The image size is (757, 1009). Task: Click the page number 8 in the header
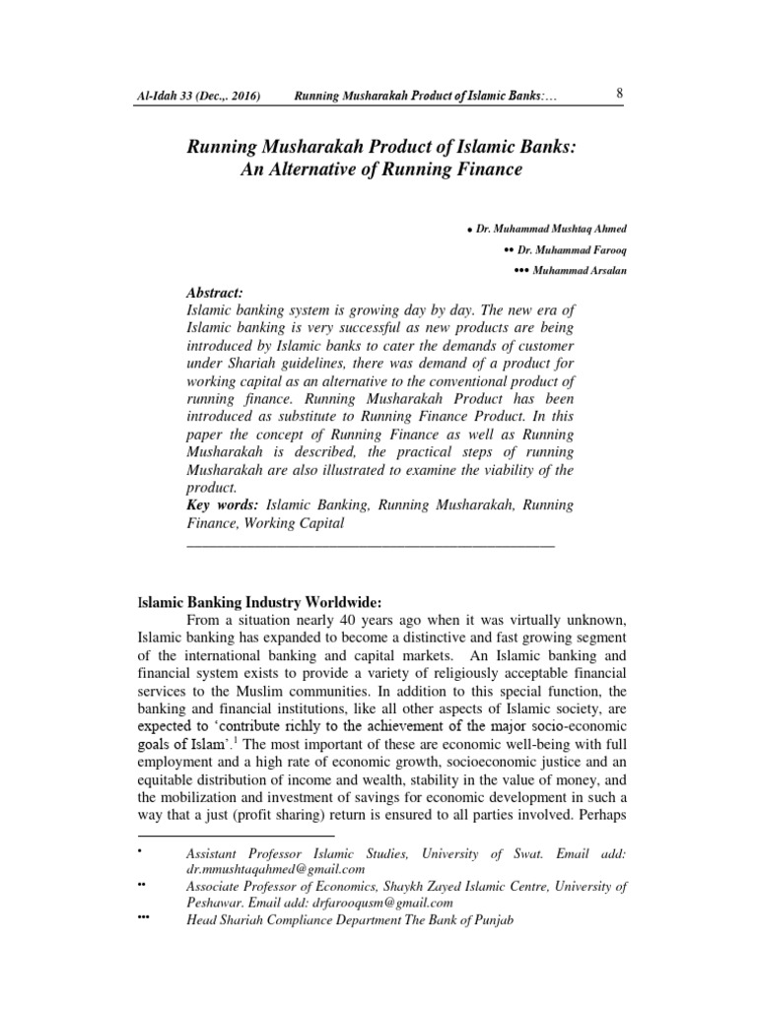[618, 94]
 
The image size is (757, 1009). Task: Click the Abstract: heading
[213, 293]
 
